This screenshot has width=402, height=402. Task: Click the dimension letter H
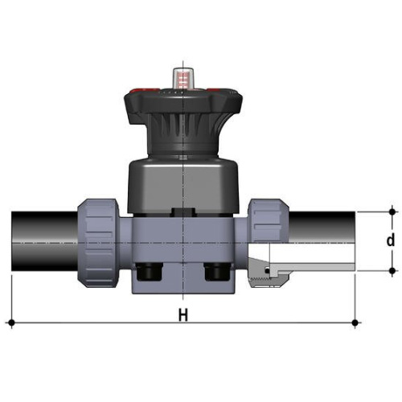[183, 315]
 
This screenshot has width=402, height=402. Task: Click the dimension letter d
[391, 240]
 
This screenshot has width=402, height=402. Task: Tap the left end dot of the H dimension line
[11, 322]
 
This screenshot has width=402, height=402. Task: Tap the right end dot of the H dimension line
[355, 322]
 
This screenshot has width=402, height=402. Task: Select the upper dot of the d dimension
[392, 212]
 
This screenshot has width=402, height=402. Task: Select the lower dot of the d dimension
[392, 271]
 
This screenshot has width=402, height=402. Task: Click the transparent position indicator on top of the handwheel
[183, 78]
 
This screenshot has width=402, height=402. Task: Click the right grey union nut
[268, 220]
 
